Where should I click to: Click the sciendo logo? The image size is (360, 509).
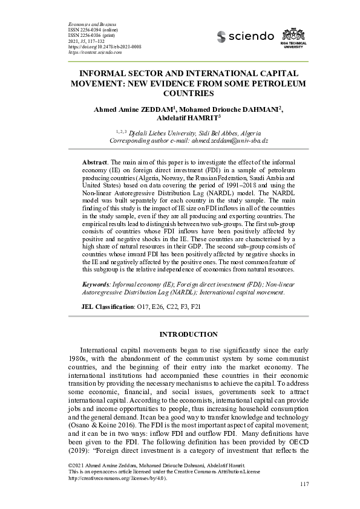[245, 37]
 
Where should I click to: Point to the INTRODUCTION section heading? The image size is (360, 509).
[188, 334]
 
